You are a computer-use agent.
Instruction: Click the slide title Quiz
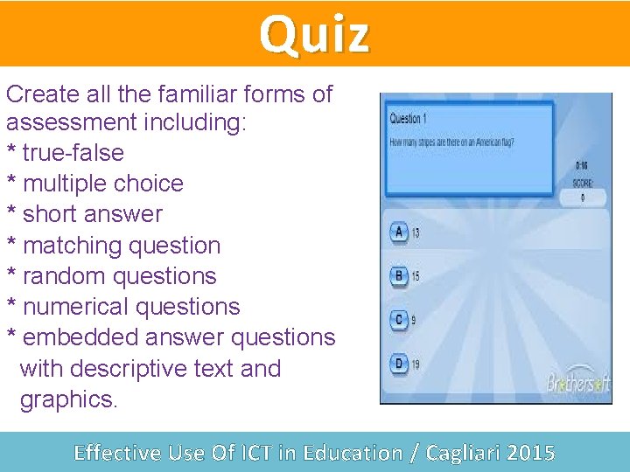click(x=314, y=35)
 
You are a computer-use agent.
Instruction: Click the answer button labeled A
click(x=399, y=233)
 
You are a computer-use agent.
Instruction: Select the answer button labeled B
click(x=399, y=276)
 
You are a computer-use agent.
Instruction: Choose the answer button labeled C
click(x=399, y=319)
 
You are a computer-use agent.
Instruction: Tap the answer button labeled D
click(x=399, y=363)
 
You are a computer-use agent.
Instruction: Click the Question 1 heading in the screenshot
click(x=407, y=119)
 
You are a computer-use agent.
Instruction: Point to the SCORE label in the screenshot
click(x=583, y=184)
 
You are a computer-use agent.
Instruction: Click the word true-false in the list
click(x=73, y=153)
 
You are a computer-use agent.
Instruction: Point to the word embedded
click(x=74, y=337)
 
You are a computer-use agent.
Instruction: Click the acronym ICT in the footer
click(x=253, y=453)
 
